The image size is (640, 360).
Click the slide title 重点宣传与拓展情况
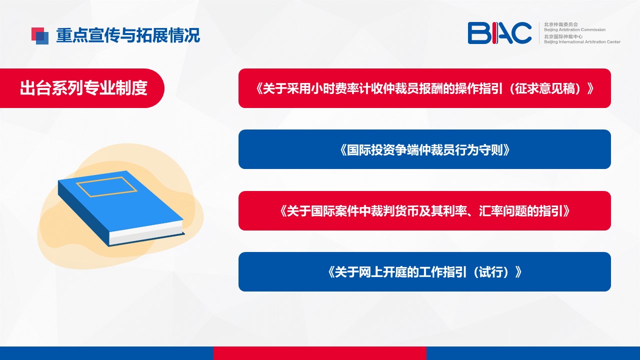coord(128,35)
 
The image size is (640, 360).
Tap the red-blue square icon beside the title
coord(40,35)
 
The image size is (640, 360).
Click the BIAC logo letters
coord(499,33)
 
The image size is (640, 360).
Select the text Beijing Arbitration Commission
coord(574,29)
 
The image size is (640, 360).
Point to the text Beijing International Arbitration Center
coord(582,41)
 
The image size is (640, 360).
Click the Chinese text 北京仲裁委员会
coord(561,24)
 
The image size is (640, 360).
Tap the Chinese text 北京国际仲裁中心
coord(563,36)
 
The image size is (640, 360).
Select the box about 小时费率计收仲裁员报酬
coord(424,88)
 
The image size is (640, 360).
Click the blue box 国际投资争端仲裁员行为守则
coord(424,149)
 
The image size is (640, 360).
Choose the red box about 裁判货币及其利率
coord(424,210)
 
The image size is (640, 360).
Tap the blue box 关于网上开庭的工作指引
coord(424,271)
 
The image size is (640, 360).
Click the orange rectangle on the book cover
coord(106,187)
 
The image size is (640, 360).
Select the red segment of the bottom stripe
coord(319,353)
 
